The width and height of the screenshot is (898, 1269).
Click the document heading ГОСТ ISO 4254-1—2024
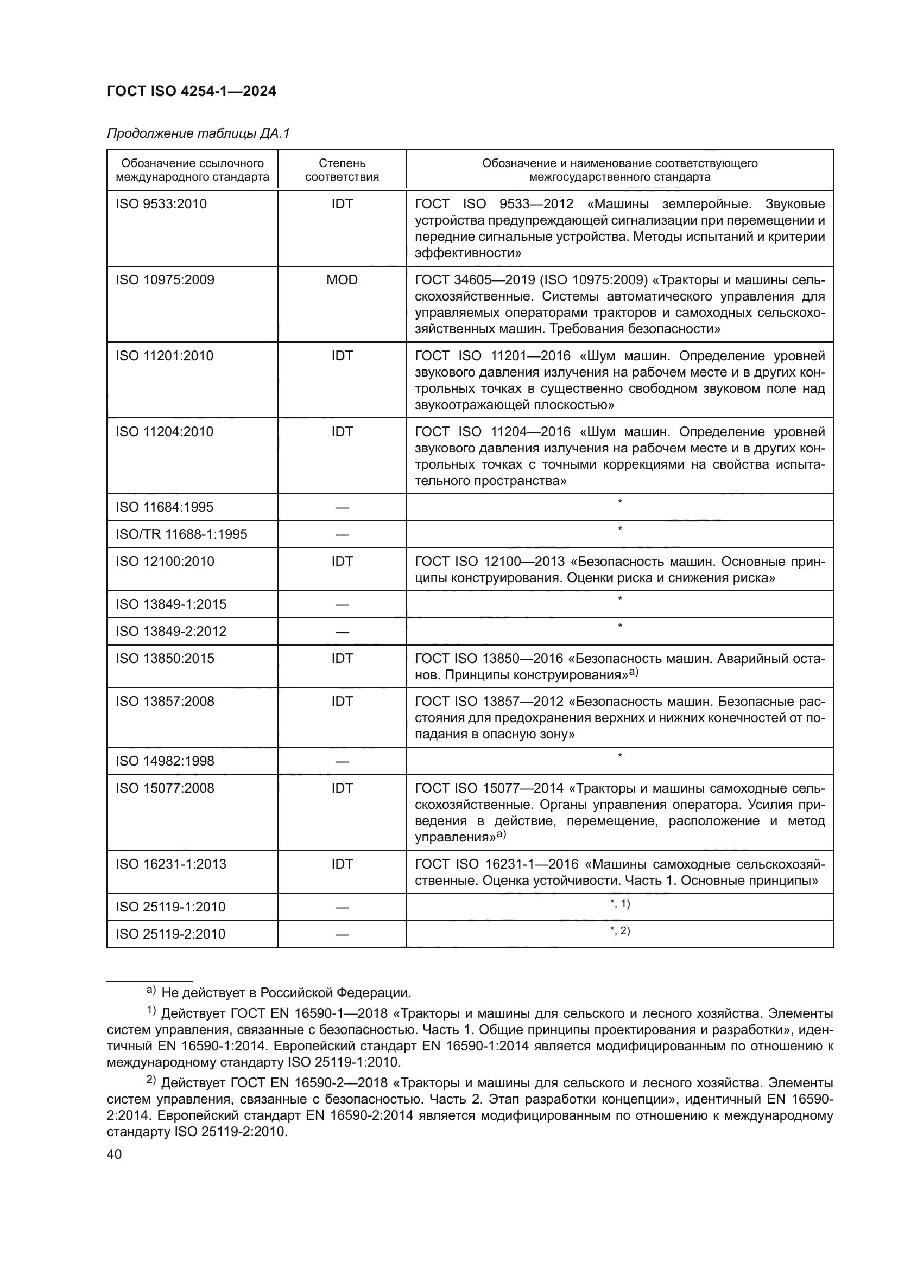pos(191,92)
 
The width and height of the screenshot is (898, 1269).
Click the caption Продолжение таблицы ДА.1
pos(198,134)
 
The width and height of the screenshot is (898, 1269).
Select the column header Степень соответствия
pos(342,170)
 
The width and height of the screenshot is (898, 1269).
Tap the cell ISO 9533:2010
pos(161,204)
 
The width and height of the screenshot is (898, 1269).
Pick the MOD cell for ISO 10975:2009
pos(342,279)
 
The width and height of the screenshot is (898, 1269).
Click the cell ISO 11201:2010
pos(164,356)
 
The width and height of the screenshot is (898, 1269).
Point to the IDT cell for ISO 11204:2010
pos(342,432)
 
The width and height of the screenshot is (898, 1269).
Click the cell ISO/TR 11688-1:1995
pos(181,534)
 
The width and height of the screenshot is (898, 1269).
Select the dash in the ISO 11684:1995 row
pos(342,507)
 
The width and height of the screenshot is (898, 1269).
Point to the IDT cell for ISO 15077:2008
pos(342,788)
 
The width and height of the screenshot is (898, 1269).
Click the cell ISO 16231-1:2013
pos(171,864)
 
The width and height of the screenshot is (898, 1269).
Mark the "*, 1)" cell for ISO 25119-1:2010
pos(620,904)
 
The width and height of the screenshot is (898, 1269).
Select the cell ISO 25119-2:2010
pos(170,934)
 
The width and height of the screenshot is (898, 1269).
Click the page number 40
pos(115,1155)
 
